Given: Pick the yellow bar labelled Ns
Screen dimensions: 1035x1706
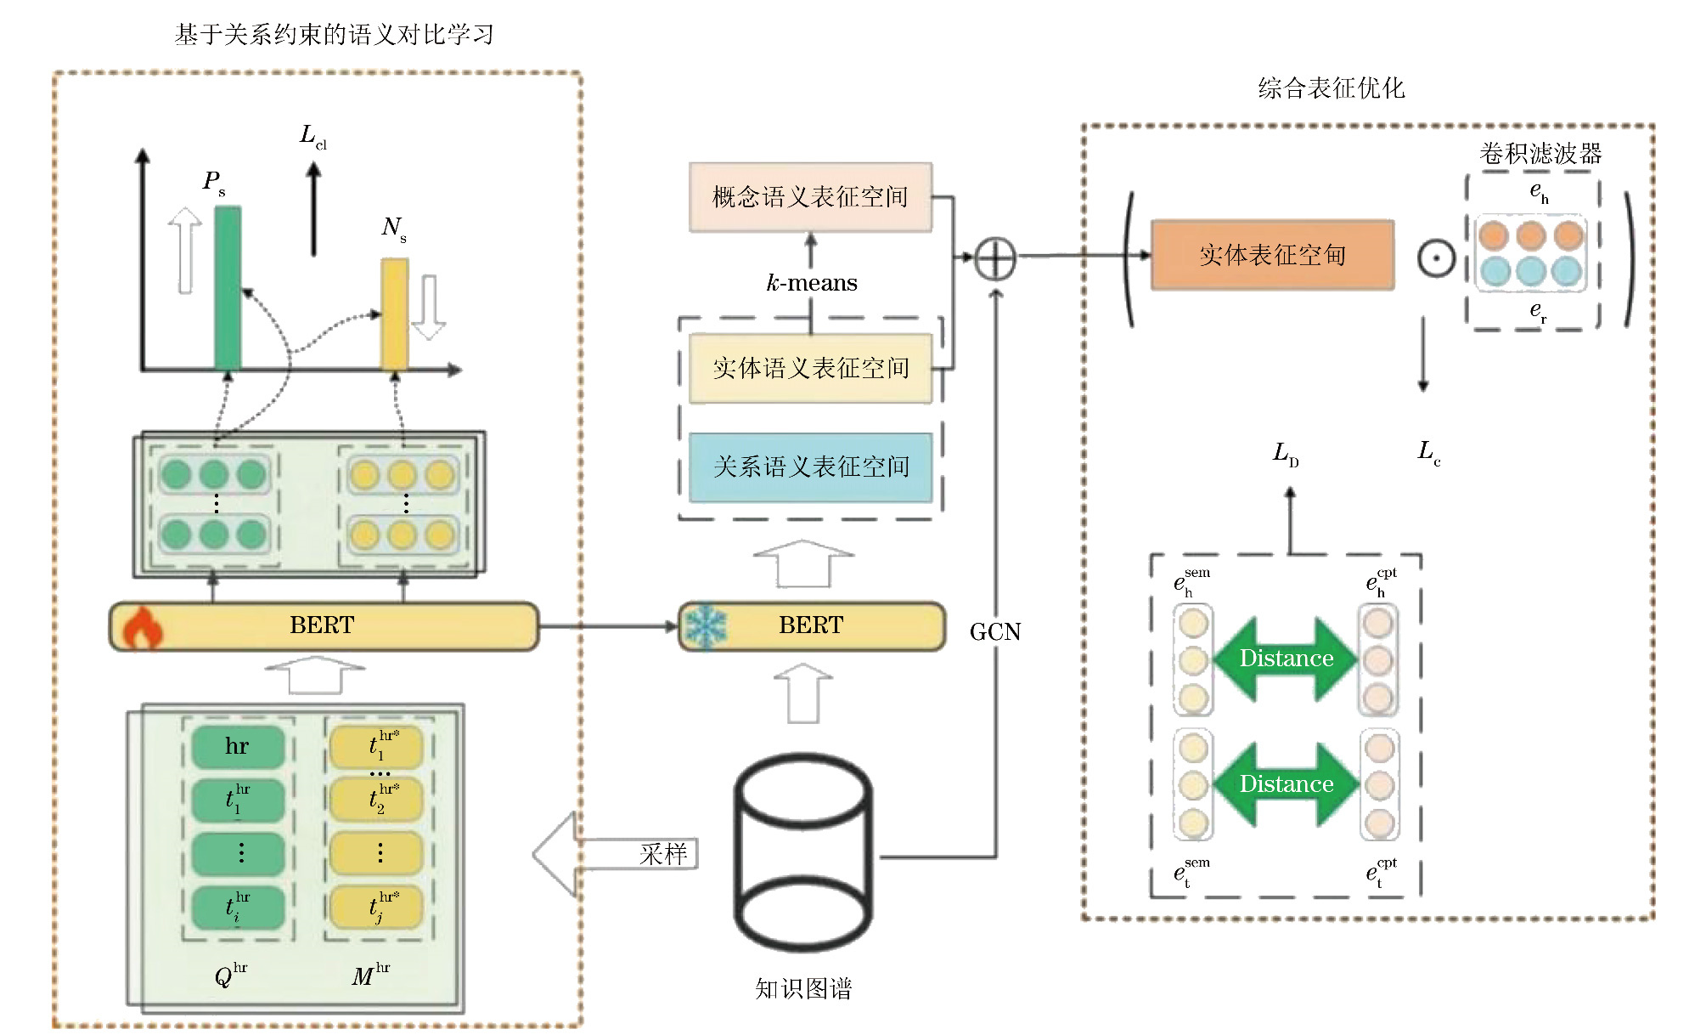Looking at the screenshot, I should pyautogui.click(x=394, y=314).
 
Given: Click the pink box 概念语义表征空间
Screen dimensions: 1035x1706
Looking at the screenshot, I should pyautogui.click(x=810, y=197).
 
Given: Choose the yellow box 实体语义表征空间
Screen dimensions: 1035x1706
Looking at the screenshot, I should pyautogui.click(x=810, y=368).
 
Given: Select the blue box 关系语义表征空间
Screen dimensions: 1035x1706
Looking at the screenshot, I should pyautogui.click(x=810, y=467).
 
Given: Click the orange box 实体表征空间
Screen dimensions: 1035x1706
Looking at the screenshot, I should pyautogui.click(x=1272, y=255).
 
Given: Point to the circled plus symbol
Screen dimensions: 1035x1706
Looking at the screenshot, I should pyautogui.click(x=994, y=258).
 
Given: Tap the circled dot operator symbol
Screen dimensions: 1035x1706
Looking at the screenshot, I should pyautogui.click(x=1436, y=258).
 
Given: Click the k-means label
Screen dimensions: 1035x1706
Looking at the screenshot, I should pyautogui.click(x=812, y=283).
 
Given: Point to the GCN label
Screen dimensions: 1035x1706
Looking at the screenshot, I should pyautogui.click(x=995, y=632).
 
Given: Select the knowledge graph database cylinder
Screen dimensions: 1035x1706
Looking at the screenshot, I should pyautogui.click(x=803, y=851).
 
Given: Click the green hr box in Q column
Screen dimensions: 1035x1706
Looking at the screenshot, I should pyautogui.click(x=238, y=746).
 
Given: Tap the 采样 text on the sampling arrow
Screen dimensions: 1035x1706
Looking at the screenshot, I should pyautogui.click(x=663, y=854).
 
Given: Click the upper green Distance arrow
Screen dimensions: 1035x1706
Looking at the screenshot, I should pyautogui.click(x=1286, y=659).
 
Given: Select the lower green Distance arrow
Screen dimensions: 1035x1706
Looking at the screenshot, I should pyautogui.click(x=1286, y=784).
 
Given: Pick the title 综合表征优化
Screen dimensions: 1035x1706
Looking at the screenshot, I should pyautogui.click(x=1331, y=88).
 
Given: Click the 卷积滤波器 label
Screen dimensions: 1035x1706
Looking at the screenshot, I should pyautogui.click(x=1540, y=154).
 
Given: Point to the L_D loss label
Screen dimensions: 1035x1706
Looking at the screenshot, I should pyautogui.click(x=1286, y=455).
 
